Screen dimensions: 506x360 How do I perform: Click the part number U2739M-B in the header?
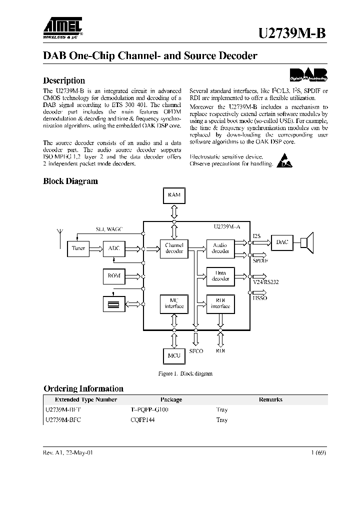[293, 33]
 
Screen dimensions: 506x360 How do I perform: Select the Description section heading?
[64, 80]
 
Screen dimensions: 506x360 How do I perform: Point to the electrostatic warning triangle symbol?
[282, 160]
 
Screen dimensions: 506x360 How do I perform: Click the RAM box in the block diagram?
[174, 195]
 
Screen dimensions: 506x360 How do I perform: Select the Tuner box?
[78, 248]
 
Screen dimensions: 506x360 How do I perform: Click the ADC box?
[114, 248]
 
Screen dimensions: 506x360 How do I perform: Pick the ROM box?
[114, 275]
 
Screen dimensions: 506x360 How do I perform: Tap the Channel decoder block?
[174, 248]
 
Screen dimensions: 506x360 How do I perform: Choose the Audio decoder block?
[220, 248]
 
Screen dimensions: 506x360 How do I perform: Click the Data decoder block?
[220, 276]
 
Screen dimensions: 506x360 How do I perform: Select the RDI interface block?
[220, 303]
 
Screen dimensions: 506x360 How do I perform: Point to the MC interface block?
[174, 303]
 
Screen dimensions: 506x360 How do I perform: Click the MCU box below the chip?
[174, 355]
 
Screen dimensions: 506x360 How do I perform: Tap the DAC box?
[282, 242]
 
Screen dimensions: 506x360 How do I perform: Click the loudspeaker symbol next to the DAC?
[306, 242]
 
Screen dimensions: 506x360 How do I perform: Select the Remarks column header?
[270, 399]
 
